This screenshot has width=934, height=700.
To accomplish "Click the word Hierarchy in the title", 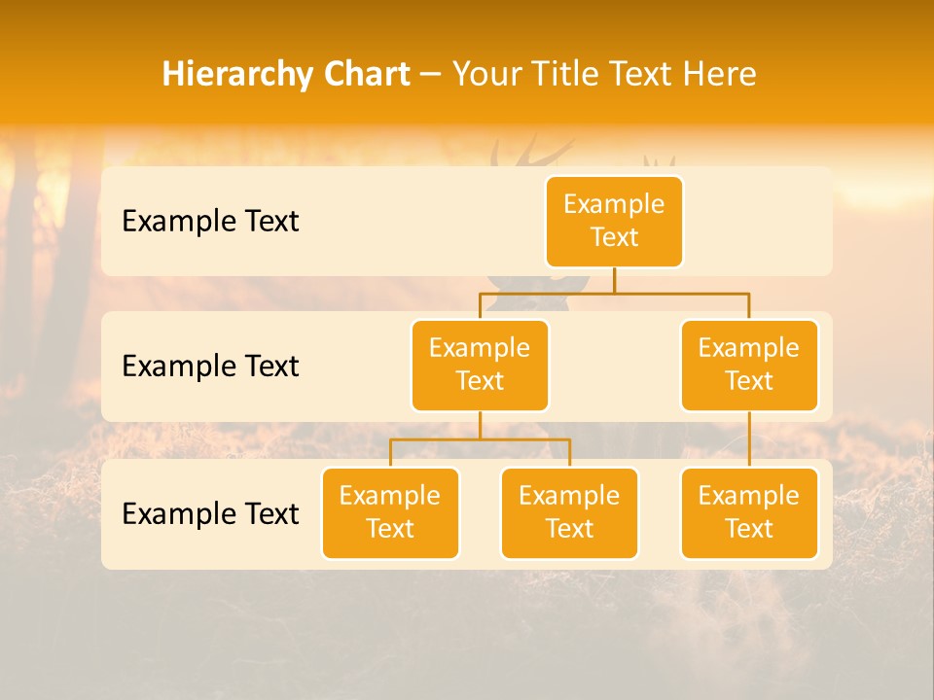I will coord(225,74).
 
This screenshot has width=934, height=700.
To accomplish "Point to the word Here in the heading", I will coord(721,74).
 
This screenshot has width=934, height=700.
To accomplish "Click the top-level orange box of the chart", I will coord(614,221).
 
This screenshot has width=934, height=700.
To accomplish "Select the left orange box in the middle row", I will coord(480,365).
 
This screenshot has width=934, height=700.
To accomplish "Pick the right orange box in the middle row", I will coord(749,365).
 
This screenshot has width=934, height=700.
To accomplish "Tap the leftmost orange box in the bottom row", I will coord(390,512).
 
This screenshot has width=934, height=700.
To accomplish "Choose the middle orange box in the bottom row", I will coord(569,512).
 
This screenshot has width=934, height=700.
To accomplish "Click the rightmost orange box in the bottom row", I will coord(749,512).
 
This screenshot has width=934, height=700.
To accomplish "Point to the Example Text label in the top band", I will coord(210,221).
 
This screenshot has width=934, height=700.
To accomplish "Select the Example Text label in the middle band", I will coord(210,366).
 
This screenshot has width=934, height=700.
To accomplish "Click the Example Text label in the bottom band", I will coord(210,513).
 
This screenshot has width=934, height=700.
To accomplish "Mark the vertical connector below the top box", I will coord(614,280).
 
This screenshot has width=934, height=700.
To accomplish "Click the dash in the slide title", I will coord(431,74).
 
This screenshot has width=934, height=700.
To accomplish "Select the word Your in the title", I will coord(486,74).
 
